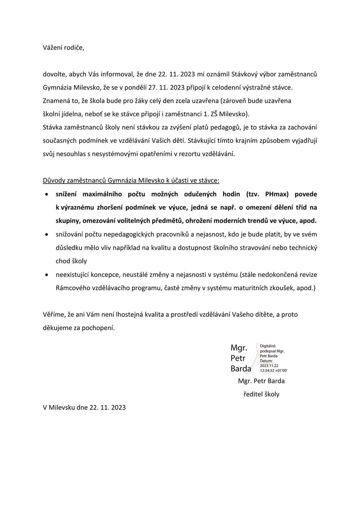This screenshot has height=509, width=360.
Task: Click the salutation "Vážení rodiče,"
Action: (x=64, y=48)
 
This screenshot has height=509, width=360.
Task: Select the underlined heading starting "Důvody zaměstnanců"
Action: (x=131, y=180)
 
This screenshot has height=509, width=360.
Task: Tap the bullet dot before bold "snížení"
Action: (x=47, y=194)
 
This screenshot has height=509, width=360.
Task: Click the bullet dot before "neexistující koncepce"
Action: (x=47, y=275)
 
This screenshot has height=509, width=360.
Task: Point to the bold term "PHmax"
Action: (x=276, y=194)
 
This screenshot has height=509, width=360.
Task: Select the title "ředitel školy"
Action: (x=261, y=394)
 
